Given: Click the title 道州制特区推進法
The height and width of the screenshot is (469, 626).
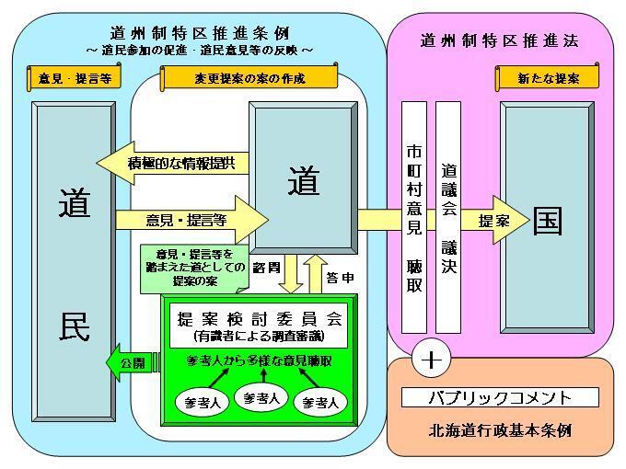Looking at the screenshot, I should click(500, 40).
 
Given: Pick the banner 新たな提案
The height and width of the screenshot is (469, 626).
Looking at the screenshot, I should click(549, 78).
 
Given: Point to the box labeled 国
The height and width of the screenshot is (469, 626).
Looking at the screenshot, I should click(549, 221).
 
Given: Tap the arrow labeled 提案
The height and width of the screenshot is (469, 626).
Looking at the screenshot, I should click(494, 221).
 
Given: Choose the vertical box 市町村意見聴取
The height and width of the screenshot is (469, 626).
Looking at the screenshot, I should click(414, 216).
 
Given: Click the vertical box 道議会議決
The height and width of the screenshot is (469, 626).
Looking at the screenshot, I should click(448, 216).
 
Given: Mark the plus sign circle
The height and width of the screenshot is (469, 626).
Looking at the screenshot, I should click(430, 358).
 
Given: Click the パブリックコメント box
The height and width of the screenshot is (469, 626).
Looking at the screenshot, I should click(500, 397).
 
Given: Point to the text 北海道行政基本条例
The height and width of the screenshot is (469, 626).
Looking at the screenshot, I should click(500, 429).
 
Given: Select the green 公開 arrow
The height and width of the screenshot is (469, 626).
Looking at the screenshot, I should click(133, 363).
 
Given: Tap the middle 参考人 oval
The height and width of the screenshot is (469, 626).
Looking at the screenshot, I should click(257, 397).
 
